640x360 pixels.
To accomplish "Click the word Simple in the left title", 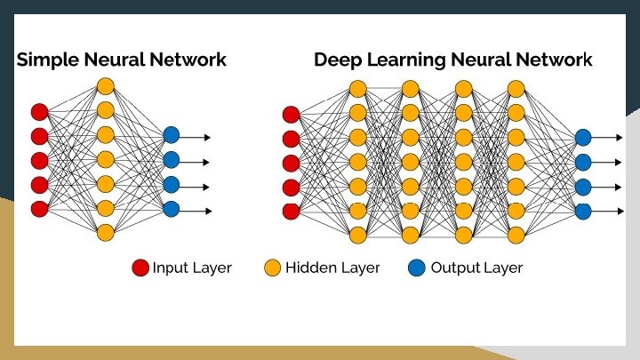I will pyautogui.click(x=44, y=60).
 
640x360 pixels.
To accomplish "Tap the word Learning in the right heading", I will pyautogui.click(x=401, y=60).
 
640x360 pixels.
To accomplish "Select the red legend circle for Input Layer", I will pyautogui.click(x=140, y=268).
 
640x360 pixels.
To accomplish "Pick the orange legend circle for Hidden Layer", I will pyautogui.click(x=273, y=268).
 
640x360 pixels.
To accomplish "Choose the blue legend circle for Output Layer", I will pyautogui.click(x=418, y=268).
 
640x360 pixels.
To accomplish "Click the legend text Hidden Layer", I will pyautogui.click(x=332, y=268).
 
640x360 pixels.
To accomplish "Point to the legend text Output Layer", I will pyautogui.click(x=476, y=268).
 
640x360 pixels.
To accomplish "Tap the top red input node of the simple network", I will pyautogui.click(x=39, y=112).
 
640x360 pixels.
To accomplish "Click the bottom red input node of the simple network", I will pyautogui.click(x=39, y=209).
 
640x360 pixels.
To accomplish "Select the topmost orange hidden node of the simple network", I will pyautogui.click(x=105, y=87).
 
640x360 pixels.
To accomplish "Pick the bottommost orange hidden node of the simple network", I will pyautogui.click(x=105, y=233).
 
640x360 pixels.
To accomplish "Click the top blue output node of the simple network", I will pyautogui.click(x=172, y=137).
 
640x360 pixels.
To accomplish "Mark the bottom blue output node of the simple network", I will pyautogui.click(x=172, y=210).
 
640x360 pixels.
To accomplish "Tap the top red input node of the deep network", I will pyautogui.click(x=291, y=114).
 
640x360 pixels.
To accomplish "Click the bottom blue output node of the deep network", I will pyautogui.click(x=583, y=212).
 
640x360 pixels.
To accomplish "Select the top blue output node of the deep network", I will pyautogui.click(x=583, y=138).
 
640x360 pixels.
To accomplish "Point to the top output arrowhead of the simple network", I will pyautogui.click(x=207, y=137).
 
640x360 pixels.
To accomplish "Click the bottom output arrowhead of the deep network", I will pyautogui.click(x=619, y=212).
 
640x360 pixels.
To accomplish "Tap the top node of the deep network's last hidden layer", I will pyautogui.click(x=516, y=89).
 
